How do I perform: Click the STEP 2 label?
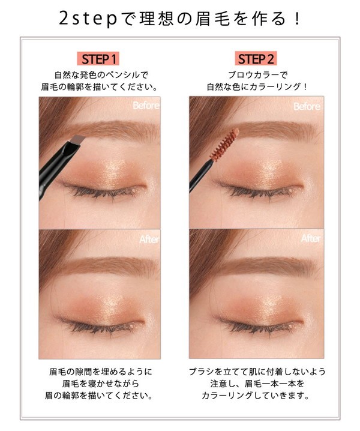click(x=256, y=59)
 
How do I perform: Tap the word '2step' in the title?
click(x=88, y=19)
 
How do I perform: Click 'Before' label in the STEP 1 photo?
click(x=146, y=105)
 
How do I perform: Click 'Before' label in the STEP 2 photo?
click(x=307, y=106)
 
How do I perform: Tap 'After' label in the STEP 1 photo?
click(x=149, y=239)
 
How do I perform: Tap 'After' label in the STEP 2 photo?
click(x=311, y=238)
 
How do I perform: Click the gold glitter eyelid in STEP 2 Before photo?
click(x=264, y=169)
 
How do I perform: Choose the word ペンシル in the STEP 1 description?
click(x=123, y=75)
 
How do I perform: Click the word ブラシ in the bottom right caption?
click(x=202, y=372)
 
